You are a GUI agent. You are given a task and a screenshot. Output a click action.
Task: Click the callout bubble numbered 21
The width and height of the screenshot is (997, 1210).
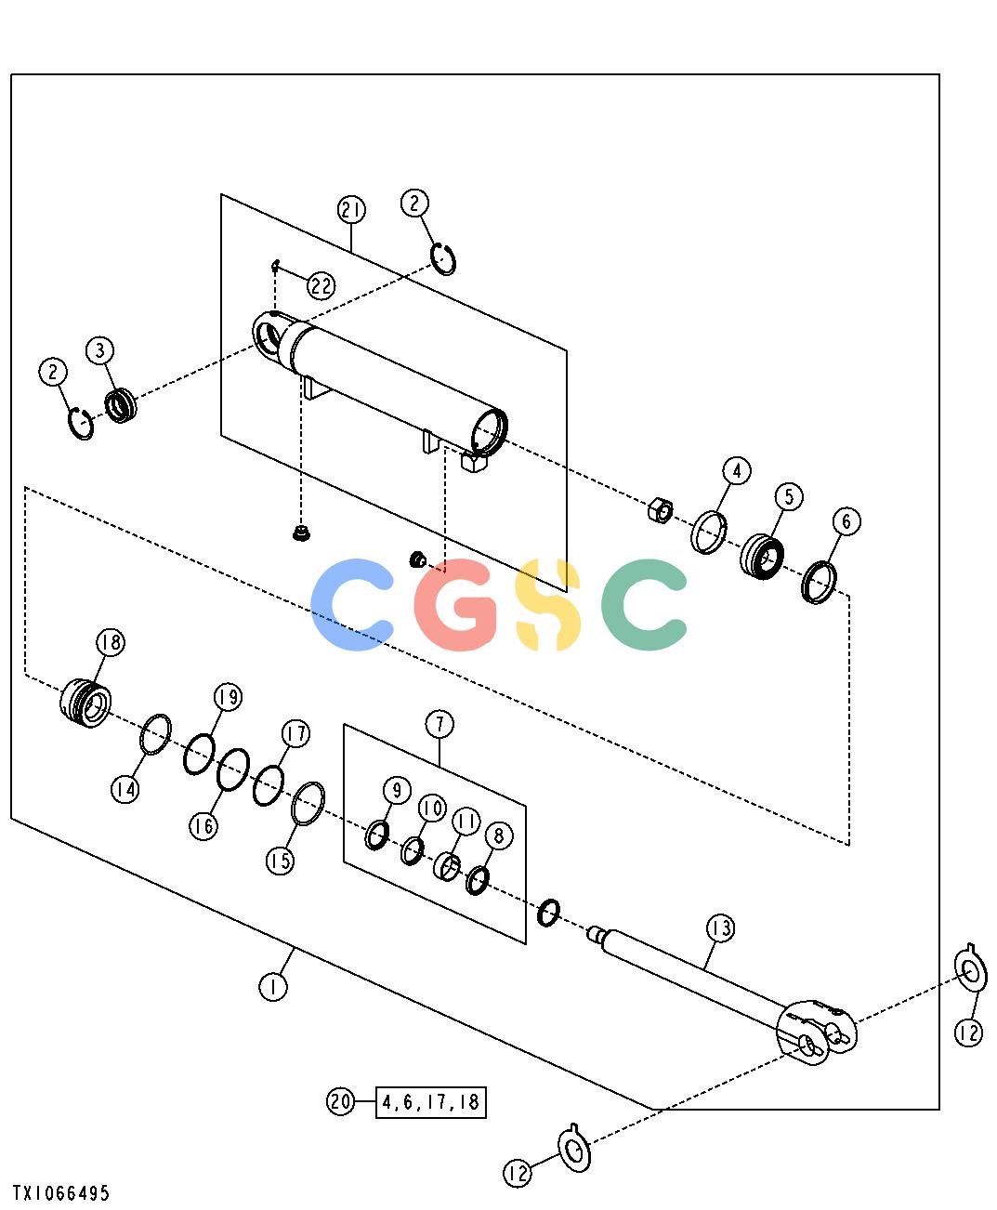pyautogui.click(x=351, y=210)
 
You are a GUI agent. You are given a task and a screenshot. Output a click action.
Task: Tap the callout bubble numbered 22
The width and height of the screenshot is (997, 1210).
pyautogui.click(x=321, y=285)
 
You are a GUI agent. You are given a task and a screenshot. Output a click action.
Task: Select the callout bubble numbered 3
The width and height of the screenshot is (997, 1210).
pyautogui.click(x=100, y=350)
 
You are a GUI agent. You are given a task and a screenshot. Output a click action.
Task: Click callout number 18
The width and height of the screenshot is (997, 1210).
pyautogui.click(x=110, y=642)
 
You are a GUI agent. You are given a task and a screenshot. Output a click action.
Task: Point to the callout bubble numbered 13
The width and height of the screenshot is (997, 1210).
pyautogui.click(x=721, y=928)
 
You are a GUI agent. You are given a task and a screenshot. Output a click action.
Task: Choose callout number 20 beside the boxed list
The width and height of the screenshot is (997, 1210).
pyautogui.click(x=341, y=1100)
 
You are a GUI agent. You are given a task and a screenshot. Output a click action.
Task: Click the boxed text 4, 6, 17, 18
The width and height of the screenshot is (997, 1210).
pyautogui.click(x=430, y=1101)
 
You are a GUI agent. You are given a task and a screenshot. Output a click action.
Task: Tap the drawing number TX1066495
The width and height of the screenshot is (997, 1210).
pyautogui.click(x=60, y=1193)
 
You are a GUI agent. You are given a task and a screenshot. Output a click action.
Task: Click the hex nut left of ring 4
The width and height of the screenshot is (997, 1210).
pyautogui.click(x=661, y=509)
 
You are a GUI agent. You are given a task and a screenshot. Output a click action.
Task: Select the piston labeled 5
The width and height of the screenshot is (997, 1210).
pyautogui.click(x=762, y=557)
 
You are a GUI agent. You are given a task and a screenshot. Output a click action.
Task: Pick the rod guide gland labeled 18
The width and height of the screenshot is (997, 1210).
pyautogui.click(x=85, y=703)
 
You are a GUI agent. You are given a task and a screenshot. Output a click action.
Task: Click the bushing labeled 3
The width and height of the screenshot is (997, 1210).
pyautogui.click(x=121, y=405)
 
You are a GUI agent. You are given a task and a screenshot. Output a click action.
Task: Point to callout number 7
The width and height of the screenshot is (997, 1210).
pyautogui.click(x=439, y=724)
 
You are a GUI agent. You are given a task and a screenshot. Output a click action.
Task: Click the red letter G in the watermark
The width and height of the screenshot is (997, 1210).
pyautogui.click(x=455, y=604)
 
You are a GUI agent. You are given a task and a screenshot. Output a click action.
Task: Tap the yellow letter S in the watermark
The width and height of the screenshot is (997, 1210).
pyautogui.click(x=548, y=604)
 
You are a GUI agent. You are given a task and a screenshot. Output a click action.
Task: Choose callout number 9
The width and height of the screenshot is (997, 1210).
pyautogui.click(x=397, y=790)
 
